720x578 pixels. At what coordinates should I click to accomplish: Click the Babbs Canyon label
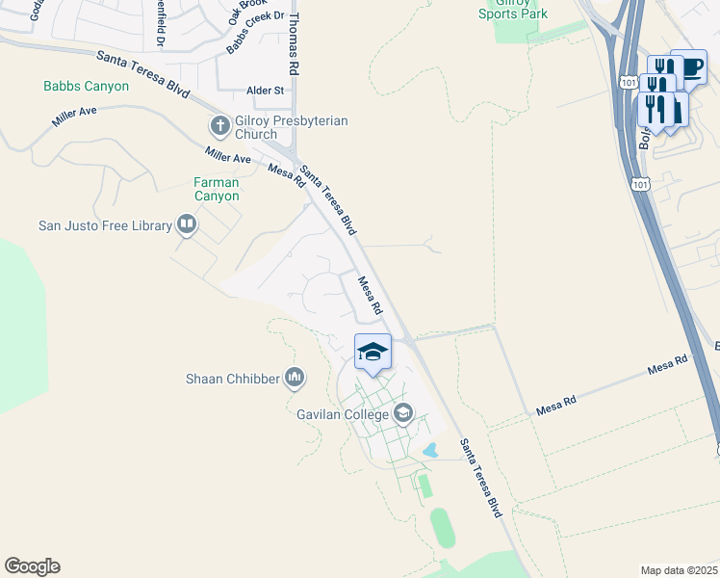(x=86, y=86)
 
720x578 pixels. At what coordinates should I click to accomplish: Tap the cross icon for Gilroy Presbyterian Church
(x=219, y=125)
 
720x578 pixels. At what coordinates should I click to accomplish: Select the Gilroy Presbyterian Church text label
(x=290, y=128)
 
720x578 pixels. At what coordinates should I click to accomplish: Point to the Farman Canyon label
(x=216, y=189)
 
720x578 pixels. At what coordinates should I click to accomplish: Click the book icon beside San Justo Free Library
(x=187, y=226)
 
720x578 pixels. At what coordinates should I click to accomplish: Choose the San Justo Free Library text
(x=104, y=226)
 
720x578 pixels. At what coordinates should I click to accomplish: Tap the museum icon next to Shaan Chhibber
(x=295, y=379)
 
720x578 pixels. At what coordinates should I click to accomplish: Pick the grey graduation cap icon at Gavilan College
(x=403, y=415)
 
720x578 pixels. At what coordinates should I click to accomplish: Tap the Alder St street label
(x=266, y=91)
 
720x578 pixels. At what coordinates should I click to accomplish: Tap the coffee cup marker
(x=688, y=66)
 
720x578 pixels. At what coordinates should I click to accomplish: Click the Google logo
(x=32, y=566)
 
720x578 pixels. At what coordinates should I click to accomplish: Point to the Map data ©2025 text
(x=679, y=570)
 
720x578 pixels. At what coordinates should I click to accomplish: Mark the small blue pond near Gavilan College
(x=430, y=449)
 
